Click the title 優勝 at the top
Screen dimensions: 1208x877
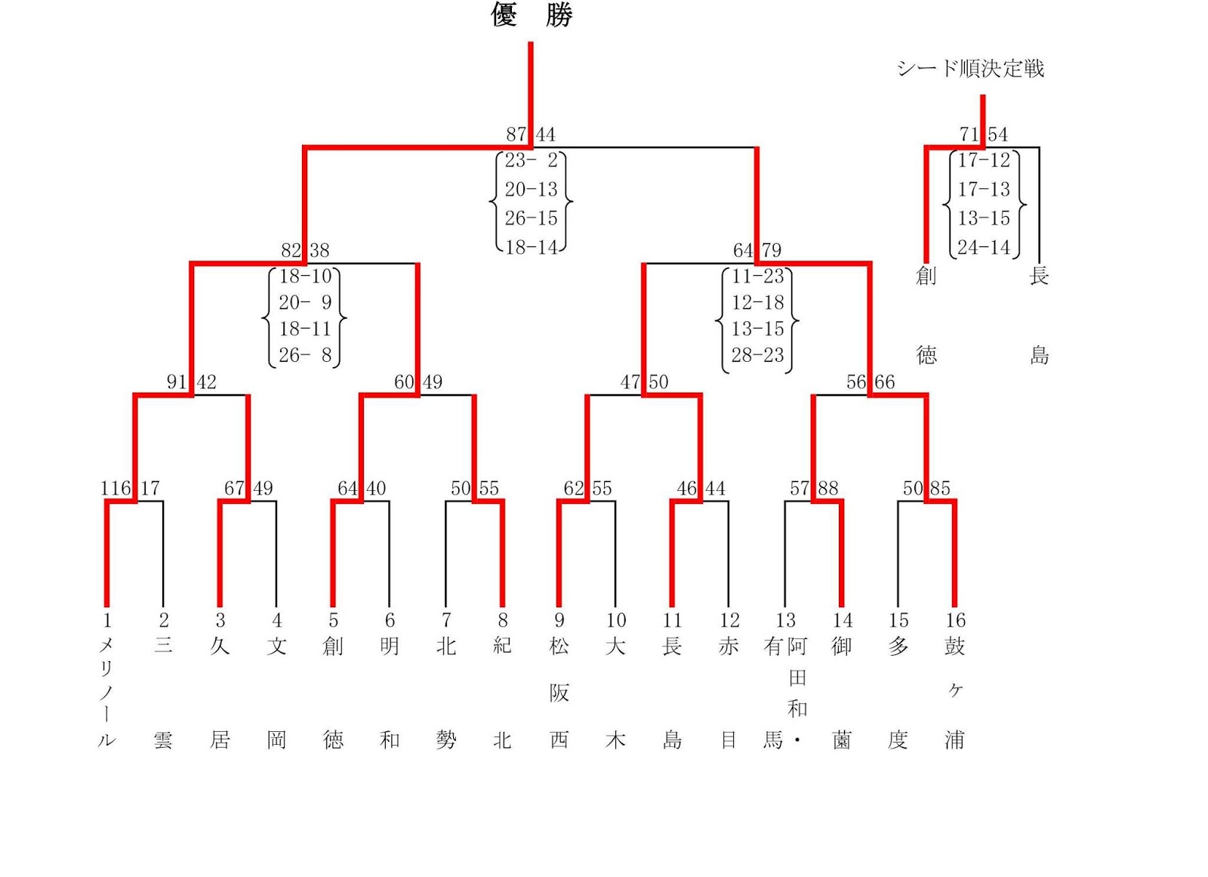pyautogui.click(x=532, y=14)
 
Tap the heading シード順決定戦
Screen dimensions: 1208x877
pyautogui.click(x=970, y=69)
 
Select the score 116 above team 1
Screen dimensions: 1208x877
pyautogui.click(x=116, y=489)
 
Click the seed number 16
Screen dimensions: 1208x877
pyautogui.click(x=955, y=620)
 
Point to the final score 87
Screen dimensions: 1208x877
pyautogui.click(x=516, y=134)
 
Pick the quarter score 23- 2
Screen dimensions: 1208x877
pyautogui.click(x=532, y=160)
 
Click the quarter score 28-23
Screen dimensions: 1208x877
pyautogui.click(x=757, y=355)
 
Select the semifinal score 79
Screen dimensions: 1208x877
pyautogui.click(x=772, y=250)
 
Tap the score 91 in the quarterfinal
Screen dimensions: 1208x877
pyautogui.click(x=177, y=382)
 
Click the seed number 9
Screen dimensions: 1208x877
pyautogui.click(x=559, y=620)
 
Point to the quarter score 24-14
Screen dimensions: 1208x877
pyautogui.click(x=984, y=247)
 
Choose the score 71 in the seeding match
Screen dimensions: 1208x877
pyautogui.click(x=969, y=134)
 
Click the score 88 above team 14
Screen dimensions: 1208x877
pyautogui.click(x=828, y=489)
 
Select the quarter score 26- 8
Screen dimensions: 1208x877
pyautogui.click(x=305, y=355)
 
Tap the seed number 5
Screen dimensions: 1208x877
pyautogui.click(x=333, y=620)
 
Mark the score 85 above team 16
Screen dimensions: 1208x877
pyautogui.click(x=941, y=489)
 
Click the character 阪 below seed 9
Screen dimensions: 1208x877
pyautogui.click(x=559, y=693)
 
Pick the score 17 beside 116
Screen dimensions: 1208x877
pyautogui.click(x=150, y=489)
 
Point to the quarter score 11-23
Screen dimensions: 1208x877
pyautogui.click(x=757, y=276)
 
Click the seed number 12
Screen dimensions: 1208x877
pyautogui.click(x=729, y=620)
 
